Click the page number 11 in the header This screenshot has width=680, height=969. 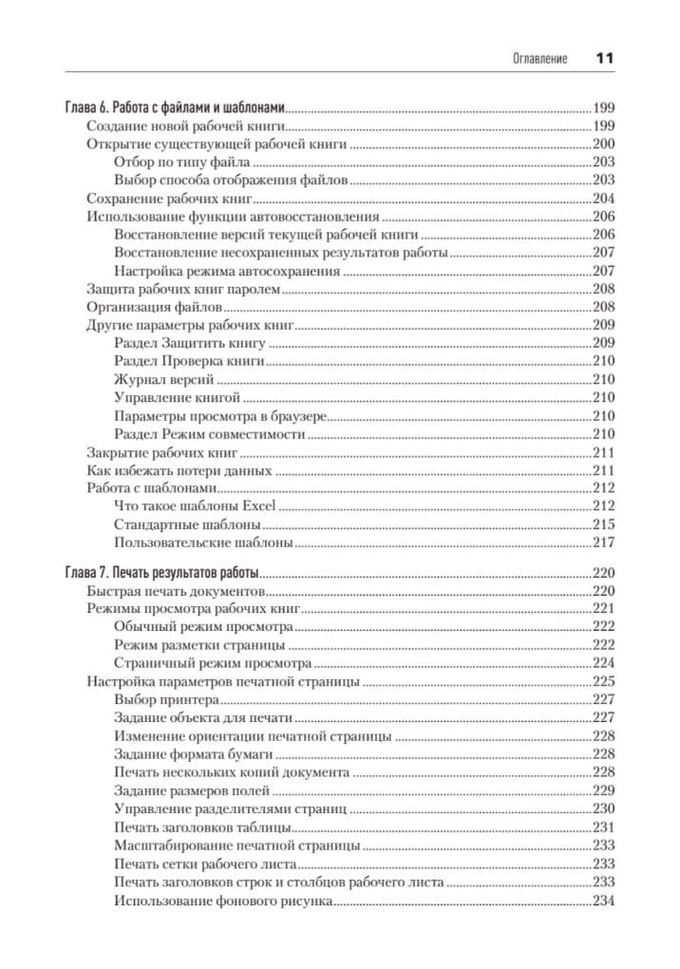605,58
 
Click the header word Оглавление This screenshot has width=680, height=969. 538,59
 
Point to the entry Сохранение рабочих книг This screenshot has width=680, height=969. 167,199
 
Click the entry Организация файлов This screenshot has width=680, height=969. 154,308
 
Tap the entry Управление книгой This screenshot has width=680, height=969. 177,398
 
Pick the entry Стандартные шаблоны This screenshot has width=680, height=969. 187,525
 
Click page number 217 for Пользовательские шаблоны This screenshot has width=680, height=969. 603,543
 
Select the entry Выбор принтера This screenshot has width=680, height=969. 160,700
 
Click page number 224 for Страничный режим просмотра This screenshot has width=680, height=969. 603,663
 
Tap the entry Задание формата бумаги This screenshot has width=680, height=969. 186,754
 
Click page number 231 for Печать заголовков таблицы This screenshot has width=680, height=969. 603,827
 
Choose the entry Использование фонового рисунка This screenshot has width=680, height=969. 222,901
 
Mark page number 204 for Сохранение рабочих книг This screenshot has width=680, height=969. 603,199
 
